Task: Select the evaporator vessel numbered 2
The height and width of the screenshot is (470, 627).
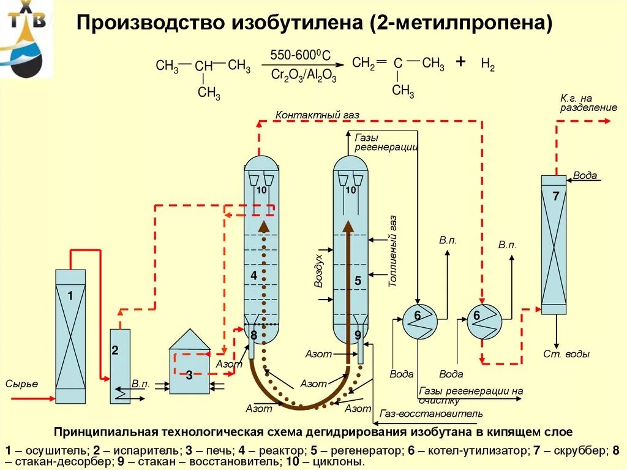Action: [120, 366]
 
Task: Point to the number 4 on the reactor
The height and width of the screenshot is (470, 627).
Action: [253, 276]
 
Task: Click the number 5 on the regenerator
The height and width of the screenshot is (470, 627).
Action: [358, 281]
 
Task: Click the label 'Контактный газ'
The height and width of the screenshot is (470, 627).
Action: [317, 115]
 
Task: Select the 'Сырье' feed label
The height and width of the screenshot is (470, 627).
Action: [21, 384]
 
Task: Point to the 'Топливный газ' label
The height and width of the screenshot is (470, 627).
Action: [393, 252]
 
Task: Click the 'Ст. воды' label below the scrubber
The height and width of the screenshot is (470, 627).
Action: [566, 354]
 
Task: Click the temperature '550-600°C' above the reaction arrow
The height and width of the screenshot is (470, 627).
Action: [300, 56]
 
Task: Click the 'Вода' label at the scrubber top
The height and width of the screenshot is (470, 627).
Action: [585, 175]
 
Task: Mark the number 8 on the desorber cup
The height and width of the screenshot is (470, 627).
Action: [253, 335]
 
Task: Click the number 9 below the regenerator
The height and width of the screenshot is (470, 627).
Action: [358, 335]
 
